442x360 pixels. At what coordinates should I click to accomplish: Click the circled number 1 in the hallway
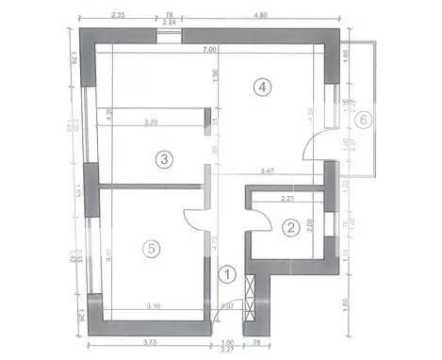coord(226,275)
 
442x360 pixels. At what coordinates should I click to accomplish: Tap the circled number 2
coord(291,226)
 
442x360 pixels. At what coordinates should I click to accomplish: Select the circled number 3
coord(164,159)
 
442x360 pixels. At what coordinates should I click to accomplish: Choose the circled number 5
coord(149,249)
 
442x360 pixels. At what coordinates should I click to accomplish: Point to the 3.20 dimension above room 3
coord(151,123)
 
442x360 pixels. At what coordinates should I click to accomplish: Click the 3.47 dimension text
coord(268,171)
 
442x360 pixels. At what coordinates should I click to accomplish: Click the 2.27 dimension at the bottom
coord(226,352)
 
